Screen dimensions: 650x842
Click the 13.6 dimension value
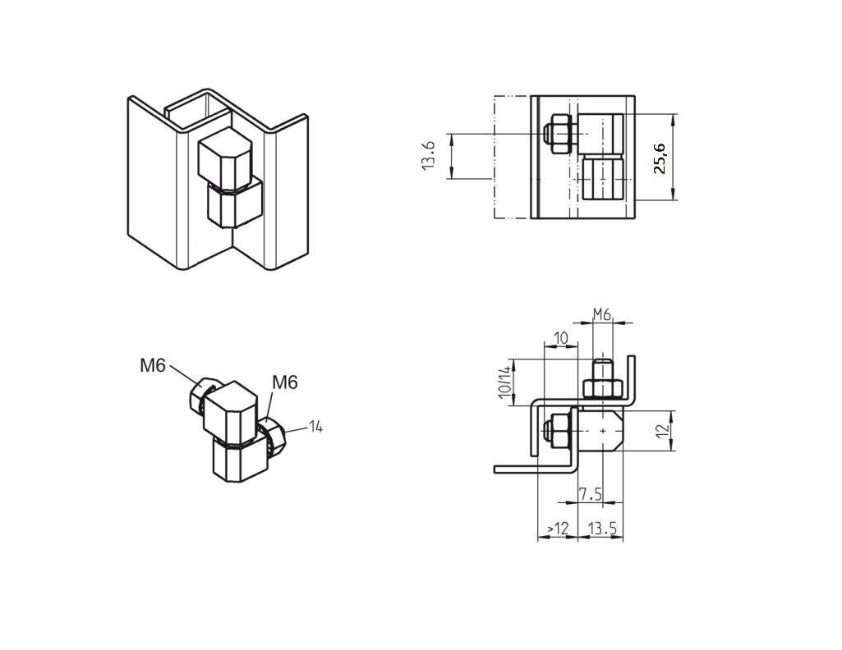(428, 155)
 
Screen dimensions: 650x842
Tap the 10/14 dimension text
(504, 382)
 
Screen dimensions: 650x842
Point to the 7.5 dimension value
(589, 494)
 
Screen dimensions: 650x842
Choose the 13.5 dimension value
(602, 529)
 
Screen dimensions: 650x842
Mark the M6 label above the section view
(602, 314)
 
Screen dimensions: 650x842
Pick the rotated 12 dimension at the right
(663, 431)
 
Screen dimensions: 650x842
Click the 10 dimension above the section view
(561, 338)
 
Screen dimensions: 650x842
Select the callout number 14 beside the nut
(315, 426)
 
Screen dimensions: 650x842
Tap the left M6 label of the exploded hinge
(152, 366)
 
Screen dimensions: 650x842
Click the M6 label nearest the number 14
(284, 382)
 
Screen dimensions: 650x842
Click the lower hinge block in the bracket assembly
(234, 203)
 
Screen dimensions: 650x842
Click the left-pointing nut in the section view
(557, 431)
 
